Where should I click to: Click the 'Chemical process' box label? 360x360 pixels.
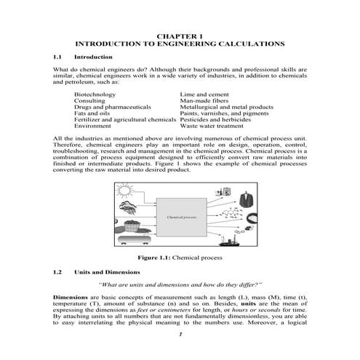click(x=181, y=217)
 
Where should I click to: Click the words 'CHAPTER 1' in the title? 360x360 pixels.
click(x=180, y=36)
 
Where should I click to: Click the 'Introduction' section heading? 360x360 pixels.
click(x=94, y=57)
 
